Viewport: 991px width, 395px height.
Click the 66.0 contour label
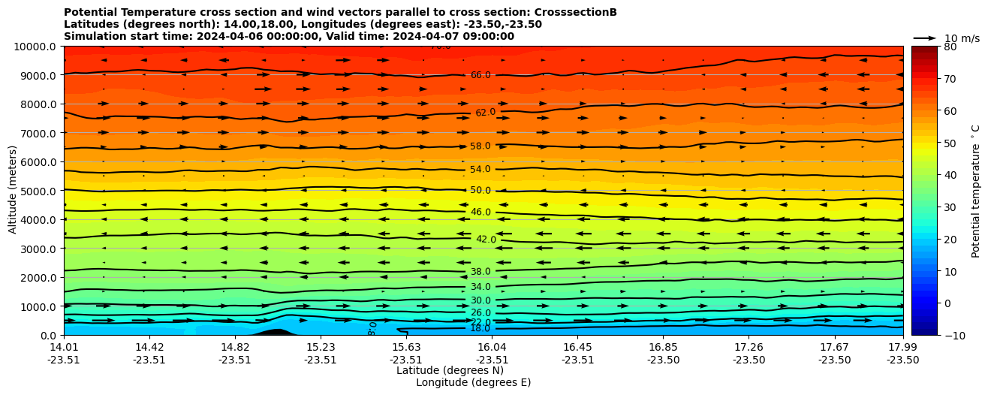[480, 75]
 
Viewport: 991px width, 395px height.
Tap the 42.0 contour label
[486, 240]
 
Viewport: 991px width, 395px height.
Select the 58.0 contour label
[480, 146]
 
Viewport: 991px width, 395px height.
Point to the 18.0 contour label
[480, 329]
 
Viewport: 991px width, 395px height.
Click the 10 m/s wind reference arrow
[925, 38]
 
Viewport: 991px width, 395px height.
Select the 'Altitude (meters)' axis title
[13, 191]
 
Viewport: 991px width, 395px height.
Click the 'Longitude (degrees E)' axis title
[473, 383]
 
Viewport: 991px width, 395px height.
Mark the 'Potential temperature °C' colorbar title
[976, 191]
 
